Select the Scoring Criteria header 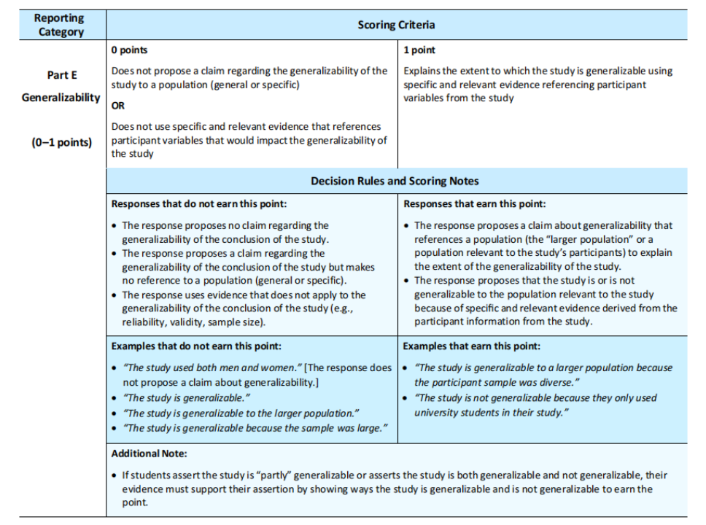click(x=396, y=25)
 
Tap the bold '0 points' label click(x=129, y=50)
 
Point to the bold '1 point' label click(x=419, y=50)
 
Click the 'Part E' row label click(x=61, y=75)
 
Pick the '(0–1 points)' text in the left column click(x=61, y=141)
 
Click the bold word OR click(x=118, y=105)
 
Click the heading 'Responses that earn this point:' click(x=474, y=204)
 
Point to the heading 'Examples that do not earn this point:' click(x=196, y=346)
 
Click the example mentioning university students click(x=525, y=405)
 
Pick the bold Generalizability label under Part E click(x=61, y=98)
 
